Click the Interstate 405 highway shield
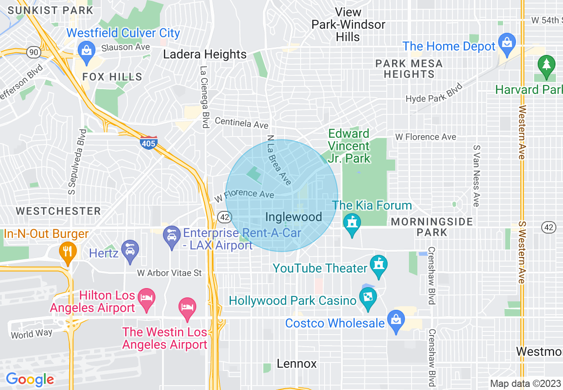(x=148, y=143)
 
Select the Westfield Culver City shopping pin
(x=87, y=49)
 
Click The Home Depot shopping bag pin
(x=507, y=43)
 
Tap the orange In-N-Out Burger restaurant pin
(x=67, y=252)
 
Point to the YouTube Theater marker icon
(x=379, y=266)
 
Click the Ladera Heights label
(x=205, y=55)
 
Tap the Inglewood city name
(x=293, y=217)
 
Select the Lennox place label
(x=297, y=364)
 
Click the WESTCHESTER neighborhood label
(x=59, y=211)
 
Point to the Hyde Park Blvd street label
(x=434, y=94)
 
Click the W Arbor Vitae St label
(x=169, y=273)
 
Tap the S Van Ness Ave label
(x=476, y=175)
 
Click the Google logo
(x=30, y=380)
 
